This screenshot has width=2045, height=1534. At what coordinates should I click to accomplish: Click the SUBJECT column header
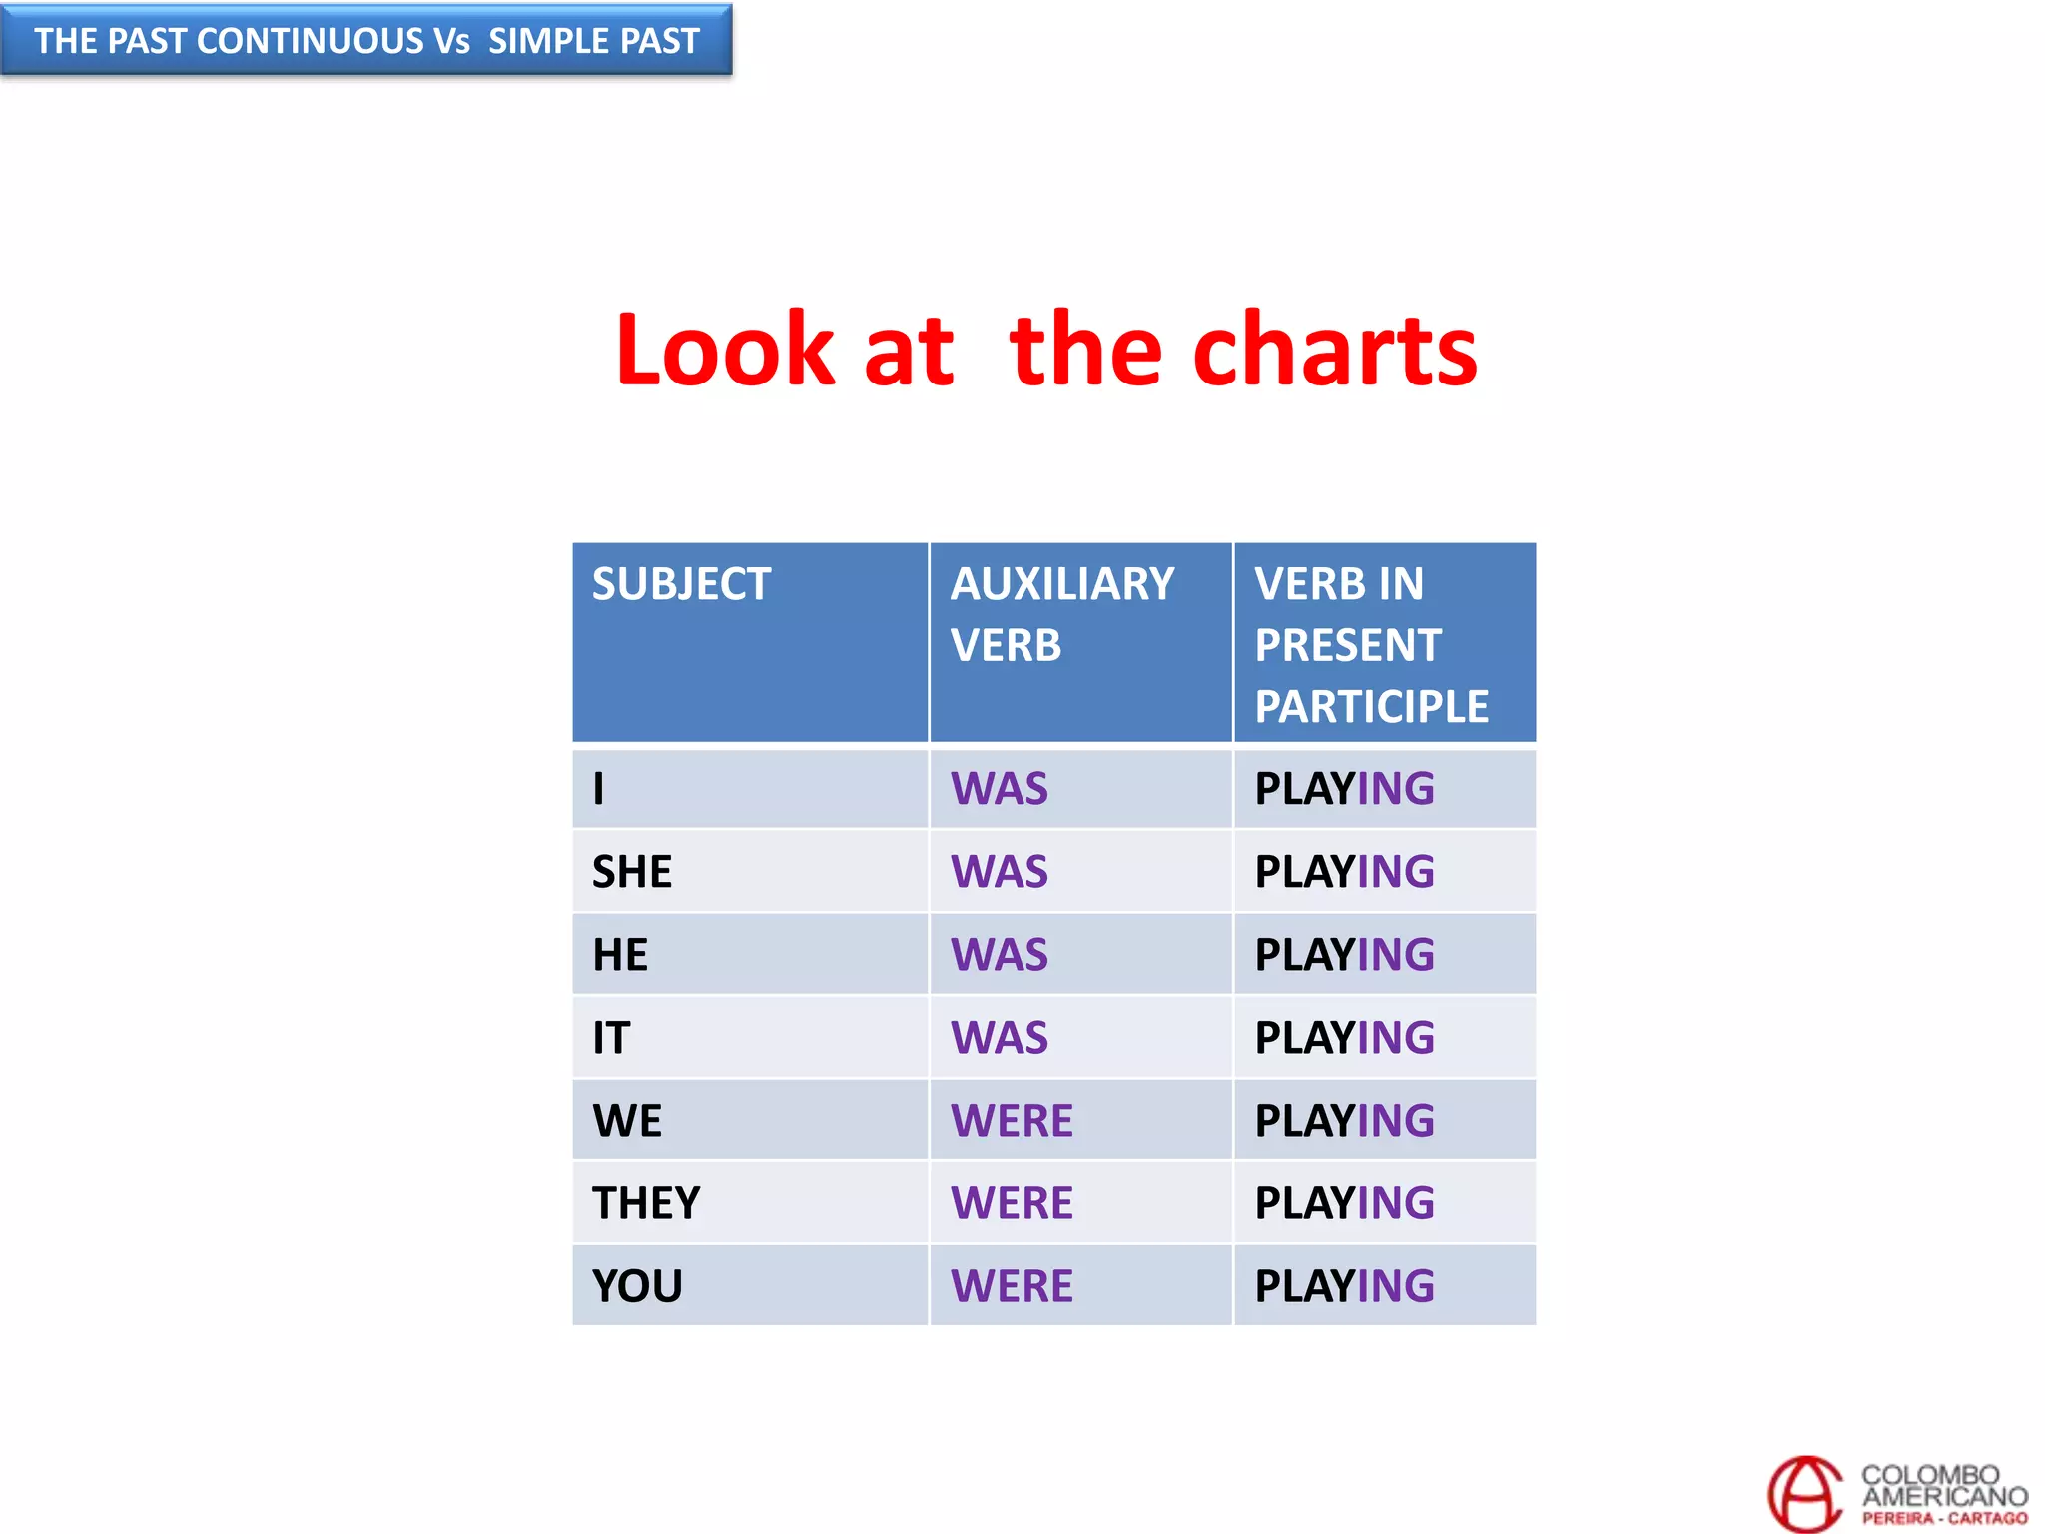681,584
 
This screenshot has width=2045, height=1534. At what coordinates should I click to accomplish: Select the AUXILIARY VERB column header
1061,613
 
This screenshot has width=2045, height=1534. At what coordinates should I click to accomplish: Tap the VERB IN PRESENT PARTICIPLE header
1371,644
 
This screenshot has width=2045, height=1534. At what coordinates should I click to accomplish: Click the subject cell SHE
632,872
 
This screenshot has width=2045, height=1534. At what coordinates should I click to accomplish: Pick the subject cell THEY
646,1203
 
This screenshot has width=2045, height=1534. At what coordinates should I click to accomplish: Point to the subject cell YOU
637,1286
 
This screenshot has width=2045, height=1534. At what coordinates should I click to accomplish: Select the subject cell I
599,789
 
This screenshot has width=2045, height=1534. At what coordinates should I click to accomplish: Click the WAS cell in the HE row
1000,955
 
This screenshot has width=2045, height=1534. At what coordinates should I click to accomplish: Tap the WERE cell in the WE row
1012,1121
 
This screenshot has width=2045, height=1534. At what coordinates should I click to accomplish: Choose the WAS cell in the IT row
1000,1038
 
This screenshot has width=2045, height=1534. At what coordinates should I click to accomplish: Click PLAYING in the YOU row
1344,1286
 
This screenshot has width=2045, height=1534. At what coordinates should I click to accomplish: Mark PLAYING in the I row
1344,789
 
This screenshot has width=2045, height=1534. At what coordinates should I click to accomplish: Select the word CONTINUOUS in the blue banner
311,41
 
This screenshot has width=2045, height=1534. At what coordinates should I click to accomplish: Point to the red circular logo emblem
1804,1493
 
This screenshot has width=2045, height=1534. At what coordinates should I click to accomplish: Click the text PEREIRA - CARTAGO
1944,1518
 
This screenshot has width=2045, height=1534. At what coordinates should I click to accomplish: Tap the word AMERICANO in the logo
1944,1496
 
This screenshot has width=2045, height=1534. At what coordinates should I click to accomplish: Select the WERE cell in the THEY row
1012,1203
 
